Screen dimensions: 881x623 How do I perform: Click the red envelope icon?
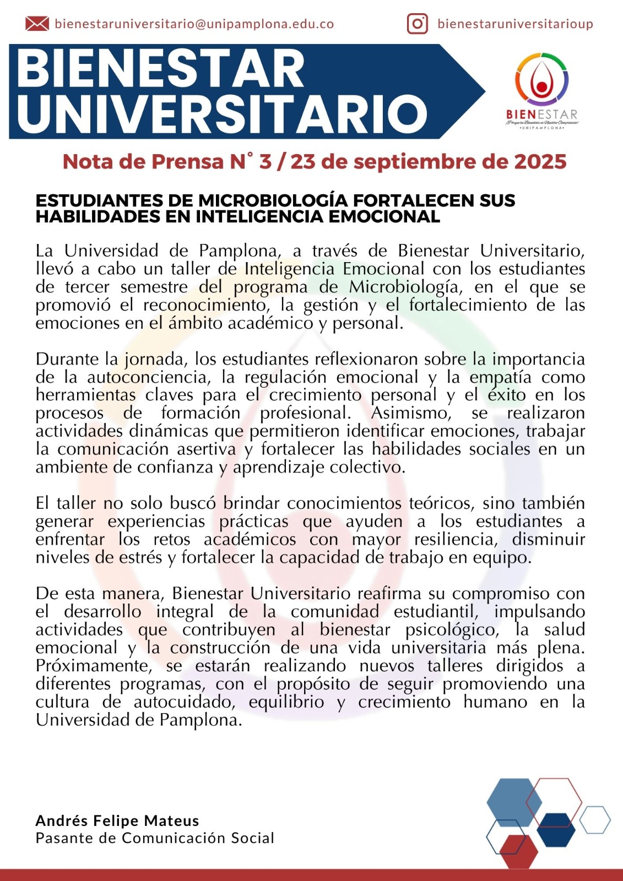37,24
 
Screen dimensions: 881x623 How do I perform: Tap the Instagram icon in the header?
418,24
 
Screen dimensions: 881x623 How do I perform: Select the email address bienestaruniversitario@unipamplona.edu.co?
194,24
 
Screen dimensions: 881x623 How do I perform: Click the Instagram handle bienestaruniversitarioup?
515,24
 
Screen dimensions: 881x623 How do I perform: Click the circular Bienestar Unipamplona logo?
541,83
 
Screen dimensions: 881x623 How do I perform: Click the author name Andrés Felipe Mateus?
117,820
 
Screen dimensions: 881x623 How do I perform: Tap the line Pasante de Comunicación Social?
155,838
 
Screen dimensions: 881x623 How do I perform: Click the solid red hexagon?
519,851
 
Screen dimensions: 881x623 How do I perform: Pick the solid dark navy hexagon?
556,830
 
